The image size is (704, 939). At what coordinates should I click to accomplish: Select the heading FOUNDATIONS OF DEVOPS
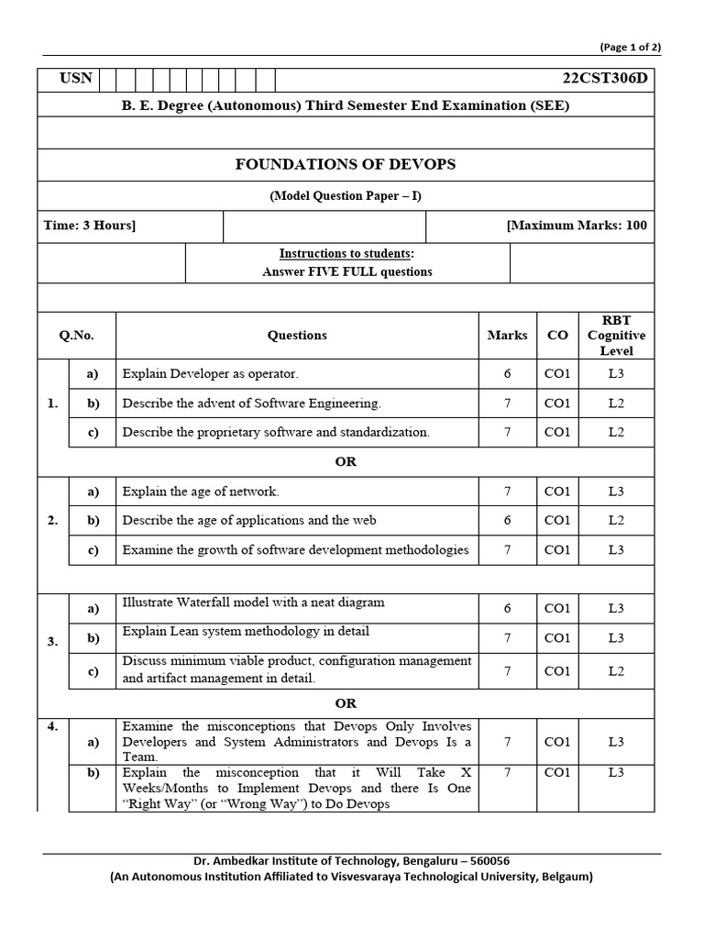click(346, 165)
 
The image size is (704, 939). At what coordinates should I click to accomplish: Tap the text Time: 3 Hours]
click(90, 226)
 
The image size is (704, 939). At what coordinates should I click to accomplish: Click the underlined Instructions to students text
click(346, 253)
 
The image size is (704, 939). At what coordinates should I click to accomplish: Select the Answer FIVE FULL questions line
click(346, 271)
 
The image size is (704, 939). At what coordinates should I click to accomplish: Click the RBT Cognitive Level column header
click(617, 336)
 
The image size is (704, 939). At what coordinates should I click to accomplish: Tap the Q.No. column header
click(77, 336)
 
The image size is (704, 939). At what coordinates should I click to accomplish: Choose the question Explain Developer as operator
click(211, 374)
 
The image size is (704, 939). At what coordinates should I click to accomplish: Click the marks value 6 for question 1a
click(508, 374)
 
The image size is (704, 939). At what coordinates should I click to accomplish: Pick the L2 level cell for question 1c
click(617, 432)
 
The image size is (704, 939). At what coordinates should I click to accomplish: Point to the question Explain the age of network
click(201, 492)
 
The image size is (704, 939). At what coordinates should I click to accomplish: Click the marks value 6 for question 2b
click(508, 520)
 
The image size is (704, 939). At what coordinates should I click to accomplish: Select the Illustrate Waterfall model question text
click(253, 603)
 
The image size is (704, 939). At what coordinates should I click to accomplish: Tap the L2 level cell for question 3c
click(617, 671)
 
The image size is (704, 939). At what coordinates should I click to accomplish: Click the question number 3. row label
click(52, 642)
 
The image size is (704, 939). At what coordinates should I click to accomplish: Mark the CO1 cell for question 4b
click(557, 773)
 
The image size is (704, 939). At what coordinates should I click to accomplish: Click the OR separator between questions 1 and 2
click(346, 461)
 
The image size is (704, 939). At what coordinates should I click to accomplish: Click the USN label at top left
click(76, 78)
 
